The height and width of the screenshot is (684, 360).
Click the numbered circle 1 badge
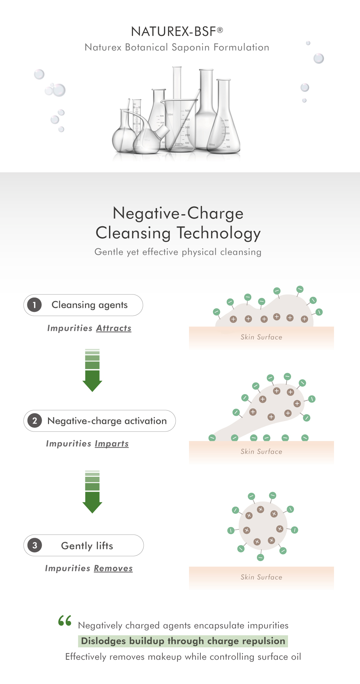point(34,305)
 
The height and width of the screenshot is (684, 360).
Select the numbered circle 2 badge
point(35,421)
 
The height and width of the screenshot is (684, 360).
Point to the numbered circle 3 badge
point(35,545)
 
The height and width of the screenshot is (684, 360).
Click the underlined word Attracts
point(114,328)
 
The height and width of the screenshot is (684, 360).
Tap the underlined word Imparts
point(112,444)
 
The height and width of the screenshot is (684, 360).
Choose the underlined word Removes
point(113,568)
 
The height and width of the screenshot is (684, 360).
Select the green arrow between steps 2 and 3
point(92,492)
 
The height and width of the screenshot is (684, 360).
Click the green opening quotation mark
point(65,620)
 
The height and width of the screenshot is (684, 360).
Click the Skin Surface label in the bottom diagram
point(261,577)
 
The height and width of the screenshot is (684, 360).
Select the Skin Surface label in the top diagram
point(261,337)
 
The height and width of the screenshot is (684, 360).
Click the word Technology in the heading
point(218,233)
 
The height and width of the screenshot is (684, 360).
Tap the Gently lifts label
point(87,546)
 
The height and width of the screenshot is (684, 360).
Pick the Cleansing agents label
point(89,305)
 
